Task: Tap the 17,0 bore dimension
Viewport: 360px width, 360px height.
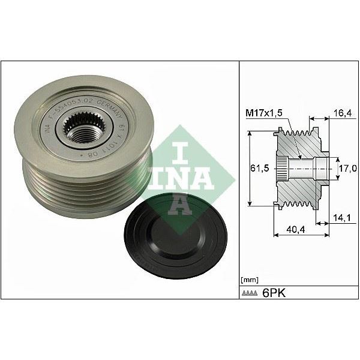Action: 346,169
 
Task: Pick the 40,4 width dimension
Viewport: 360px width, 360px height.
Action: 295,229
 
